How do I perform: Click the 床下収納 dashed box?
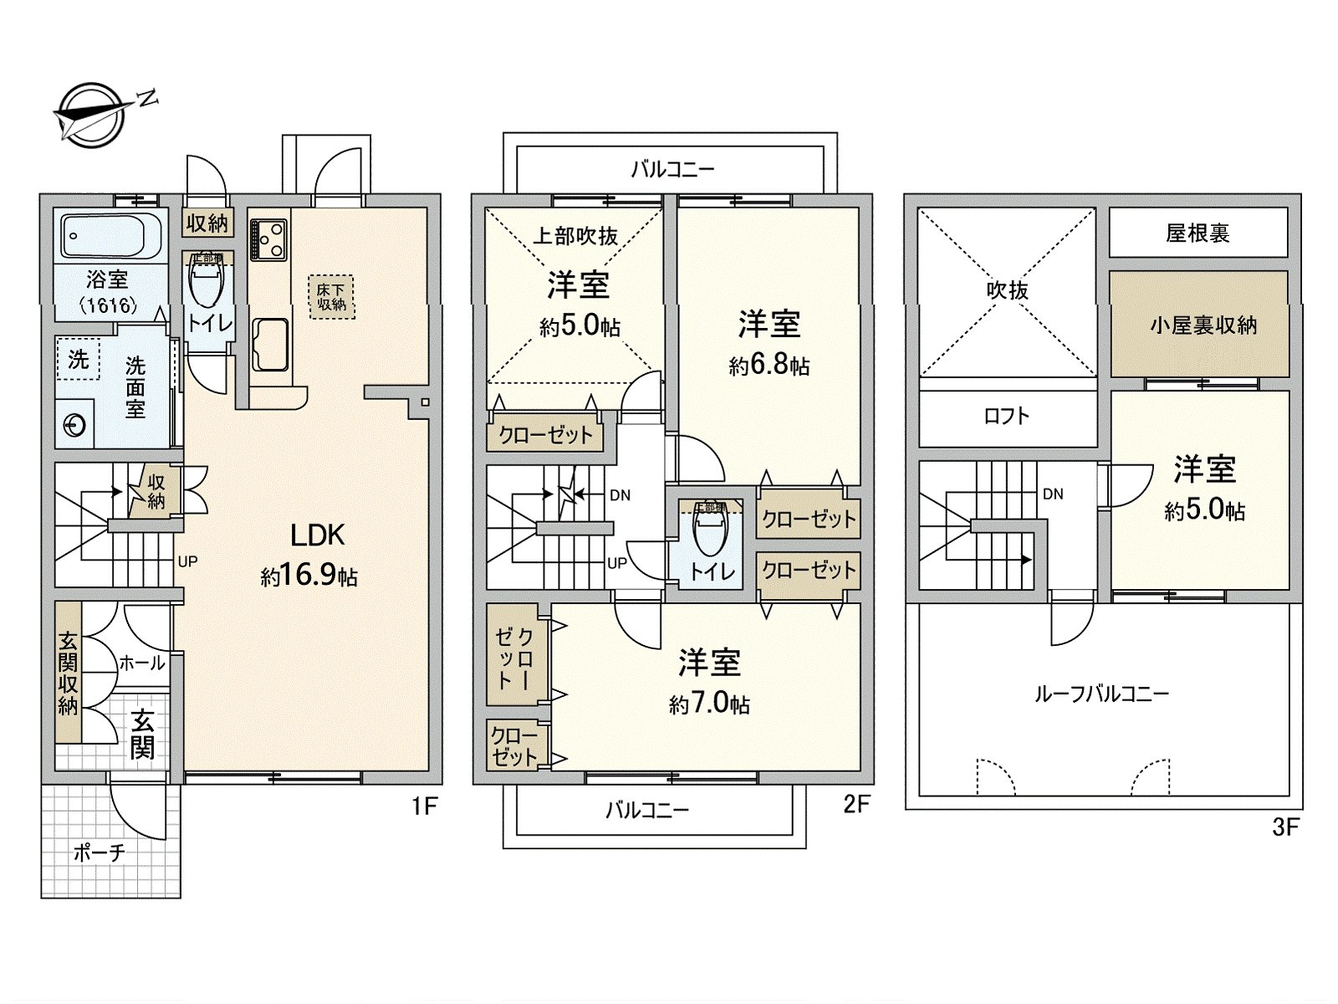click(332, 297)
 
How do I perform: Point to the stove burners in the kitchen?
click(269, 239)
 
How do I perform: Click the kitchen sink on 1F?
click(269, 344)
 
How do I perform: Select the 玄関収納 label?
click(68, 674)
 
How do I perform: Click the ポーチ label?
click(99, 853)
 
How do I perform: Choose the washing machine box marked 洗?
click(78, 359)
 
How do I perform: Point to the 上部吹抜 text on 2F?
click(575, 236)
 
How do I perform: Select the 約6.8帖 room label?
click(769, 366)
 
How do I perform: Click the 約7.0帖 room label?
click(709, 704)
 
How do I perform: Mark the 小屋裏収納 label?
click(1203, 325)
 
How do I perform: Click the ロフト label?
click(1007, 416)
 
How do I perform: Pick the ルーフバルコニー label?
click(1101, 694)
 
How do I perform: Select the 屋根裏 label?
click(1198, 233)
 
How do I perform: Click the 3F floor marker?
click(1285, 827)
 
